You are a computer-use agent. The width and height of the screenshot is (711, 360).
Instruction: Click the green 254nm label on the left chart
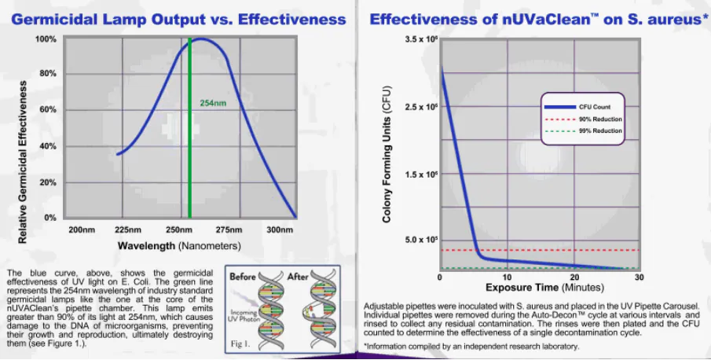click(x=213, y=103)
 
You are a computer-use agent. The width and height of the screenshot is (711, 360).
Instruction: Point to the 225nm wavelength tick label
click(x=128, y=230)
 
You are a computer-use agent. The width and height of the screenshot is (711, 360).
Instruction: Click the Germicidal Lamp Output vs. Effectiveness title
click(x=179, y=18)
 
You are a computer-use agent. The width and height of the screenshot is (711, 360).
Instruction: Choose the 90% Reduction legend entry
click(x=600, y=119)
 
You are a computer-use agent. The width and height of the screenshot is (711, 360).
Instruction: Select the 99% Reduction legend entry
click(x=600, y=131)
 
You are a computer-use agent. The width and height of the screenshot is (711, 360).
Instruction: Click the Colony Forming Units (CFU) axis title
click(x=387, y=156)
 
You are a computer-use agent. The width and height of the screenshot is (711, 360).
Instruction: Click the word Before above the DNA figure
click(x=244, y=276)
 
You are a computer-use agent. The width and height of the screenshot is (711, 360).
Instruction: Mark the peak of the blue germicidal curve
click(x=202, y=39)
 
